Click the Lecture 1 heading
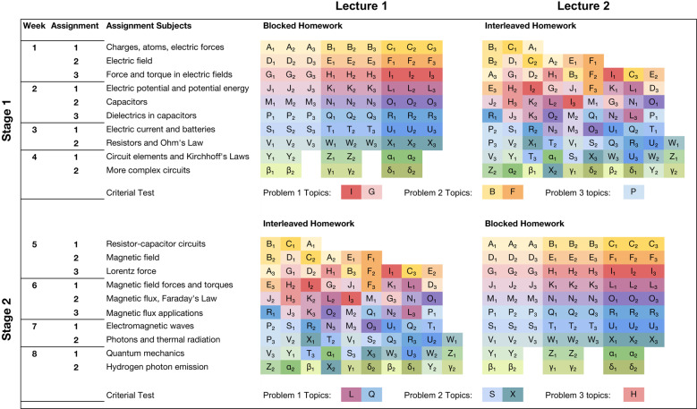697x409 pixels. [361, 7]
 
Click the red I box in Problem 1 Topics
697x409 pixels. [353, 192]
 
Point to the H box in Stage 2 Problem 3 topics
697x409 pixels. [634, 394]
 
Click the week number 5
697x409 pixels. [33, 243]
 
